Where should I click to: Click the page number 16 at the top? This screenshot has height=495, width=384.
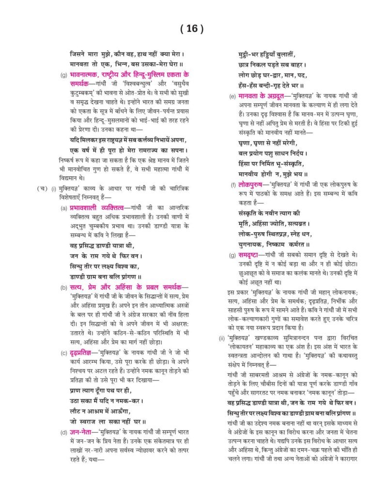click(x=192, y=29)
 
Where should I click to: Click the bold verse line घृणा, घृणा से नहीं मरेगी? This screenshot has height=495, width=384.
click(x=267, y=144)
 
